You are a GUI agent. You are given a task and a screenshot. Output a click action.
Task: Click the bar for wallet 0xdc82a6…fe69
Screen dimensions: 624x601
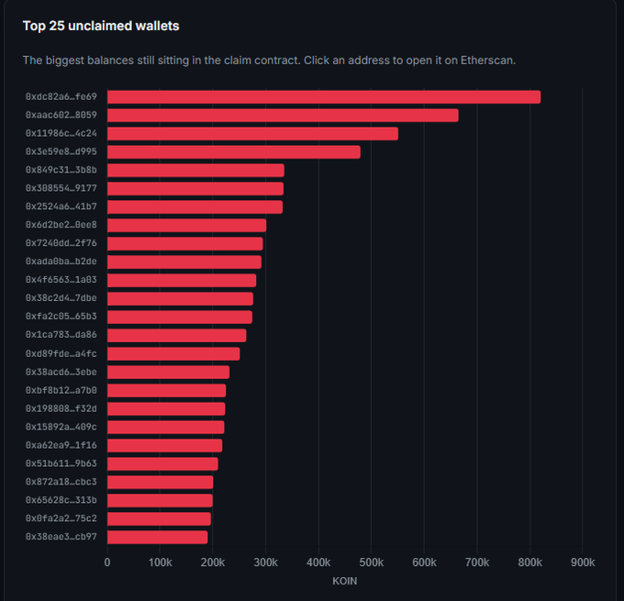(x=324, y=97)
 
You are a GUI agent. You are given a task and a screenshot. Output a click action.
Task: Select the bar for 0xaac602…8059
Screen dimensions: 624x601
(x=283, y=116)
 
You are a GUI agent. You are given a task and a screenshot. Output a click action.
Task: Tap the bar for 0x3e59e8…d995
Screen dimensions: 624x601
(x=234, y=152)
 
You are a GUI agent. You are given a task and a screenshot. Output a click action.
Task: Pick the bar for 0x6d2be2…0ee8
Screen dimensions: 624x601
(x=186, y=226)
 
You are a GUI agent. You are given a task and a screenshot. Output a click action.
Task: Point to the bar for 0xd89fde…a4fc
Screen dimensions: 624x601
(x=173, y=354)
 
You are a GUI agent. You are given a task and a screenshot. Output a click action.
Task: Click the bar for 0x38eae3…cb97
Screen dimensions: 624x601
(x=158, y=538)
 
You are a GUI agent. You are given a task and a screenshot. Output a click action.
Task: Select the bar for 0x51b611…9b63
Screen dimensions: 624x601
(x=162, y=464)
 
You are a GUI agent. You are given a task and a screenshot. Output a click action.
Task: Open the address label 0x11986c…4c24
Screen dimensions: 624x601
(x=61, y=133)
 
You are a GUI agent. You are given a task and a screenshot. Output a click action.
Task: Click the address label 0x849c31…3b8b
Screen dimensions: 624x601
(x=61, y=170)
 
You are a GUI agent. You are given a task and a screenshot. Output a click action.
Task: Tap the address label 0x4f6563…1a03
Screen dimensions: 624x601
(x=61, y=280)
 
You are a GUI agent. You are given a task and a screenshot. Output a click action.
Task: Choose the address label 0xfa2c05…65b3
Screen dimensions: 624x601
(x=61, y=317)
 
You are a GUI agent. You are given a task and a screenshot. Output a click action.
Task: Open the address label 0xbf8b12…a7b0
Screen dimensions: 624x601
(x=61, y=391)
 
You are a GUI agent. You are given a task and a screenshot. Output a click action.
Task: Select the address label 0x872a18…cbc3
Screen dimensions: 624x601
(x=61, y=482)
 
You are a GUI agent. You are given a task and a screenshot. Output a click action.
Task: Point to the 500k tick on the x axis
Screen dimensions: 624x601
(x=372, y=562)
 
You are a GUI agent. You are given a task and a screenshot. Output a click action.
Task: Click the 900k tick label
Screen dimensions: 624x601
(x=583, y=562)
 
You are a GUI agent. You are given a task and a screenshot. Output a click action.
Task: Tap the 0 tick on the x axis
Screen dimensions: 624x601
(x=107, y=562)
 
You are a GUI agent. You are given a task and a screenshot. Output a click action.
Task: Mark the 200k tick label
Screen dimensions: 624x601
(x=213, y=562)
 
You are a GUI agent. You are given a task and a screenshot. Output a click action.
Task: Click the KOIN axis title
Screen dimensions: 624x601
(x=345, y=581)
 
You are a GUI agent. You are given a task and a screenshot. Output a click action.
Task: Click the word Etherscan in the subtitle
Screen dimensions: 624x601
(x=487, y=61)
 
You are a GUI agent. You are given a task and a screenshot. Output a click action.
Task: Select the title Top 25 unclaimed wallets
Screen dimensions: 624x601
(x=101, y=26)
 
